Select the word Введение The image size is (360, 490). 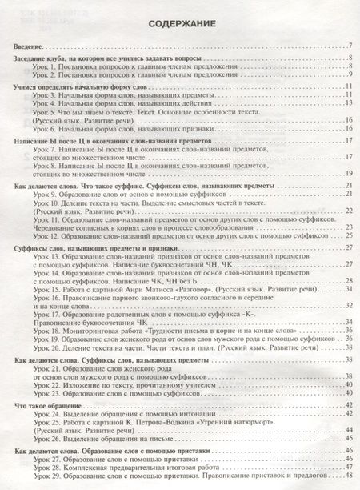[x=30, y=49]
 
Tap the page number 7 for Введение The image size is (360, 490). [x=350, y=49]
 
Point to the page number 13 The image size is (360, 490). [x=349, y=103]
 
